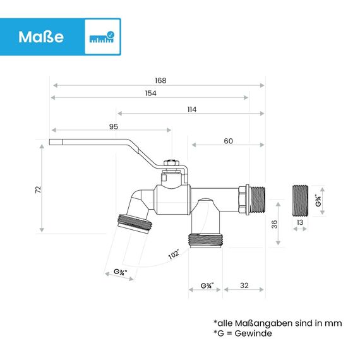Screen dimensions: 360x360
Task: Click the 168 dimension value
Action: tap(160, 80)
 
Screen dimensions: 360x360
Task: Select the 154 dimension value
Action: tap(150, 93)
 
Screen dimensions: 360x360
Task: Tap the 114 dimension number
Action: tap(191, 109)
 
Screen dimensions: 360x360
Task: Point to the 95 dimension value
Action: tap(114, 126)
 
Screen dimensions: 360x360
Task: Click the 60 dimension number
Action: tap(228, 141)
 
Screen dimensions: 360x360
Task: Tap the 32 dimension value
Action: tap(243, 285)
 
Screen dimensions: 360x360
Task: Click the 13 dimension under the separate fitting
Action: tap(300, 222)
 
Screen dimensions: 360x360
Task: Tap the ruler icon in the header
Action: tap(102, 37)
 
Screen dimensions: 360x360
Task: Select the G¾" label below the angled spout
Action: tap(120, 273)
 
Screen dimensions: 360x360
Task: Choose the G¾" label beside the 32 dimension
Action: tap(205, 285)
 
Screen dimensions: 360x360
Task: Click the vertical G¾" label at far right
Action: tap(320, 200)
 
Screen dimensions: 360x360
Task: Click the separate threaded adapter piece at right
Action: tap(301, 200)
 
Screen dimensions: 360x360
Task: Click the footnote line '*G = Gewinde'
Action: tap(243, 333)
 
